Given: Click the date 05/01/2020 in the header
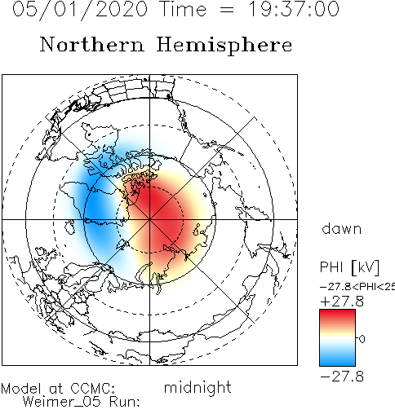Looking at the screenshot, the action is tap(80, 10).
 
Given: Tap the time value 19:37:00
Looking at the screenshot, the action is tap(294, 9).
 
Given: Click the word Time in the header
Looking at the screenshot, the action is tap(184, 9).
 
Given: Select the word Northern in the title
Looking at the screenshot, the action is tap(91, 44).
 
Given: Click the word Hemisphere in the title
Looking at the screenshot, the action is tap(224, 46).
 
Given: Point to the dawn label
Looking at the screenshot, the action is tap(342, 229).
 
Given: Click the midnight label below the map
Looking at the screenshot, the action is tap(197, 388).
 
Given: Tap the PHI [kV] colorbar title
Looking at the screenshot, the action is tap(349, 267).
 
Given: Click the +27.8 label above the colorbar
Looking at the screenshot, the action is tap(342, 302).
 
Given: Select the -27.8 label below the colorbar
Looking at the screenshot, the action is tap(342, 377).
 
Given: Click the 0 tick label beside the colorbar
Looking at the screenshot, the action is tap(362, 339).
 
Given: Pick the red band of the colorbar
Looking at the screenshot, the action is tap(337, 318).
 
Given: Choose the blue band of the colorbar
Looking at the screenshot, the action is tap(337, 357).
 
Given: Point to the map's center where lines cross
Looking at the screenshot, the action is tap(149, 219).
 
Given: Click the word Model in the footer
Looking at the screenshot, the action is tap(21, 389).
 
